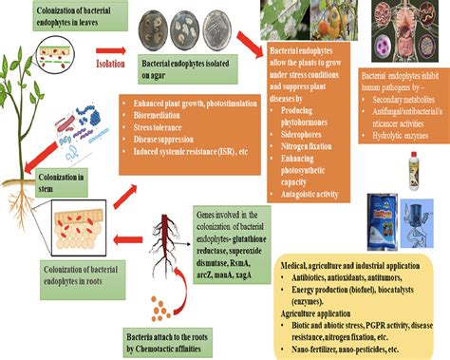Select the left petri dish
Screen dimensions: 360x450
(x=152, y=27)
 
